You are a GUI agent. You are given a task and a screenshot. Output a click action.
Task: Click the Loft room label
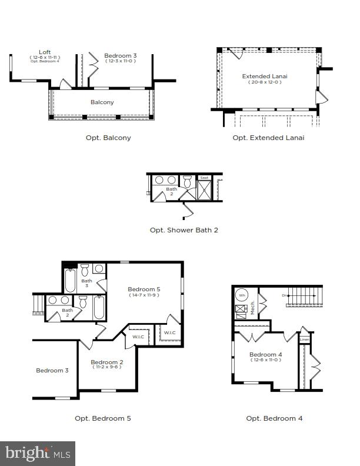tap(45, 52)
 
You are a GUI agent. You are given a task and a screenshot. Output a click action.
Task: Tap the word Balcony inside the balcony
tap(102, 102)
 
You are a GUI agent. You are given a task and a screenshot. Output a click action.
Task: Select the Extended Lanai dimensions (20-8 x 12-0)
tap(265, 82)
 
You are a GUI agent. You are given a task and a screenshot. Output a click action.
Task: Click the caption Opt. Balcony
tap(108, 138)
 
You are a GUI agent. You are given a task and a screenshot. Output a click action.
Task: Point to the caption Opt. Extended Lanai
tap(268, 138)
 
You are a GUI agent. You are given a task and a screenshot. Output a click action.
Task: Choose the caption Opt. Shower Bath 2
tap(184, 230)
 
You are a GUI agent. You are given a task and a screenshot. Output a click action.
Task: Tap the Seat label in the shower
tap(204, 178)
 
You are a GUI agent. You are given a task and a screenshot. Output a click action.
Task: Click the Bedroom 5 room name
tap(144, 289)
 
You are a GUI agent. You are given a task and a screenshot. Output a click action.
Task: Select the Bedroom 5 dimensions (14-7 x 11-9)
tap(144, 295)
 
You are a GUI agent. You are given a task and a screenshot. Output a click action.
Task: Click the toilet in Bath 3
tap(85, 270)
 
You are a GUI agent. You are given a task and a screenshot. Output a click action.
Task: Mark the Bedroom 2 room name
tap(106, 362)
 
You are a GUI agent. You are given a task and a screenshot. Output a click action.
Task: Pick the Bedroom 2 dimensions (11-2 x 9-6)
tap(106, 367)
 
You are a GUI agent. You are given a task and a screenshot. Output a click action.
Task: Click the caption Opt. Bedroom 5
tap(102, 418)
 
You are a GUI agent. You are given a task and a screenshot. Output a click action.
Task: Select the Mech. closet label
tap(253, 308)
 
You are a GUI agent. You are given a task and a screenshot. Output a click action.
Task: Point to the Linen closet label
tap(304, 339)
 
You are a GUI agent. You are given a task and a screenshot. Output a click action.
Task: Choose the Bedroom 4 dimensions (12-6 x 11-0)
tap(265, 360)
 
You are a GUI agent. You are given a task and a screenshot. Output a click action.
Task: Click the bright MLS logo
tap(38, 453)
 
